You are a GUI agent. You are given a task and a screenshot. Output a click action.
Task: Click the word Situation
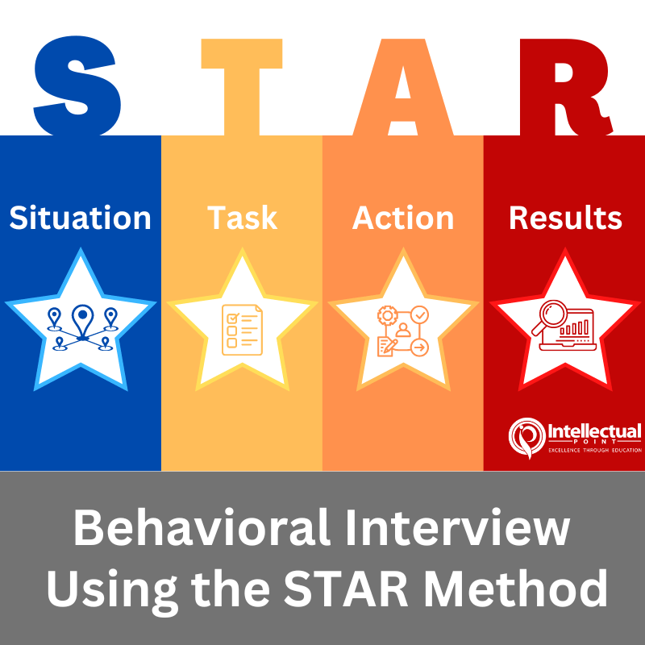[x=80, y=218]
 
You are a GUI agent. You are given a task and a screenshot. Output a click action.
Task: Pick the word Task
[x=242, y=218]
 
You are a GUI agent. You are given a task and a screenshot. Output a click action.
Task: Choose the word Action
[x=403, y=218]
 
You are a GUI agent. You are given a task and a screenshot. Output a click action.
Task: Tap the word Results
[x=565, y=218]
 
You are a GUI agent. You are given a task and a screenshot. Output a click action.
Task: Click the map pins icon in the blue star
[x=81, y=327]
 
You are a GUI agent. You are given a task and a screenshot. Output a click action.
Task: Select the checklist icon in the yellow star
[x=242, y=329]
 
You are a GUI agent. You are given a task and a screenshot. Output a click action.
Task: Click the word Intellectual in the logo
[x=594, y=431]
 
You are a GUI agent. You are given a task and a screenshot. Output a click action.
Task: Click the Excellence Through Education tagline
[x=595, y=450]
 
